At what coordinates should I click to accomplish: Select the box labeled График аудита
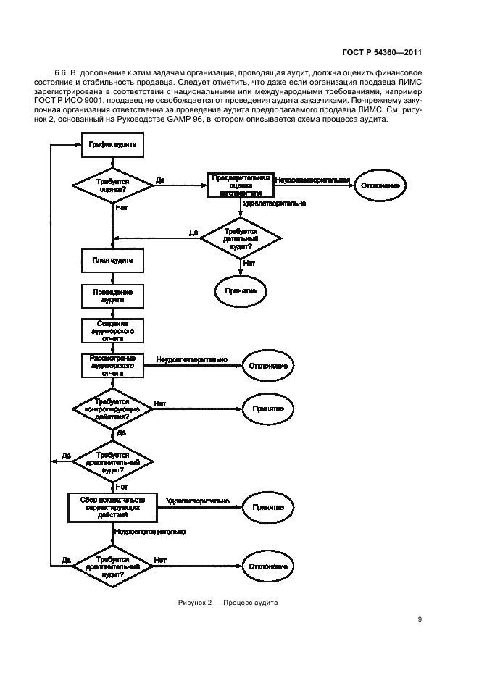[x=111, y=145]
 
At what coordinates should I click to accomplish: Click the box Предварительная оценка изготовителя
[x=241, y=185]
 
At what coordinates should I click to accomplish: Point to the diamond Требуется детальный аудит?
[x=241, y=237]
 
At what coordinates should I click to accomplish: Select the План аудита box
[x=111, y=259]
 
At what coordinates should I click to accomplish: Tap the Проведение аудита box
[x=111, y=296]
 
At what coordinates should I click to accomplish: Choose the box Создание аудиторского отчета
[x=111, y=331]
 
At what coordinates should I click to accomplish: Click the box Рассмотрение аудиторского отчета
[x=111, y=364]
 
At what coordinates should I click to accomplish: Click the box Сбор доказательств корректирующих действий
[x=111, y=506]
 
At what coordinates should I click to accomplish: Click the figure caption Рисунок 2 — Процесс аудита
[x=228, y=602]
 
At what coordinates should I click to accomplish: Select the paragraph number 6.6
[x=61, y=73]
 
